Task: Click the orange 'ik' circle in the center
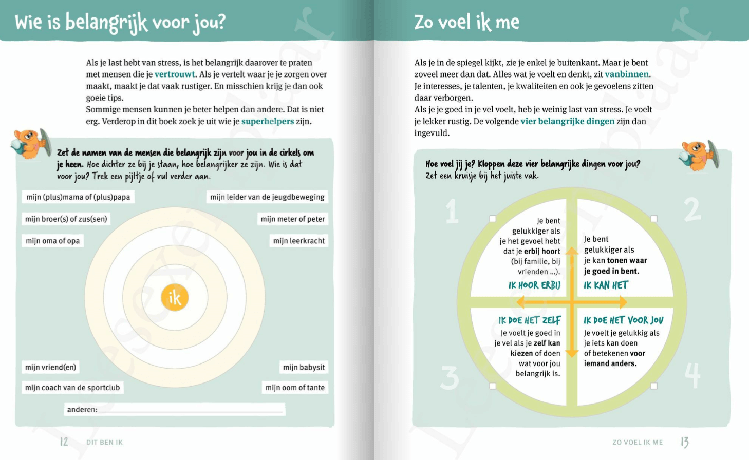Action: point(175,298)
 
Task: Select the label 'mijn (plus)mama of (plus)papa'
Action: point(78,197)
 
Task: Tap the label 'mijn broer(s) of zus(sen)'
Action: point(66,219)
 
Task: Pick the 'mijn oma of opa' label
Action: point(53,241)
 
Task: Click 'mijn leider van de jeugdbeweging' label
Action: point(267,197)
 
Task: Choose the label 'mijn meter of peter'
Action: point(292,219)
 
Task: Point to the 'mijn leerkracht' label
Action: point(299,241)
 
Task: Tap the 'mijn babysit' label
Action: point(304,367)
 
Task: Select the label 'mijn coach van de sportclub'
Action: point(72,388)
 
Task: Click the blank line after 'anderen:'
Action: point(191,410)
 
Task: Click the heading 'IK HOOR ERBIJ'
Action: point(534,285)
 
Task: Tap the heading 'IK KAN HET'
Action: point(606,285)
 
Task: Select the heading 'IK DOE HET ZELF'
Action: point(529,320)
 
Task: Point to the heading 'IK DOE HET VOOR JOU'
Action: point(623,320)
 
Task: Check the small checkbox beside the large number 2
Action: point(654,219)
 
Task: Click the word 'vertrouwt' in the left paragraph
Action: point(175,74)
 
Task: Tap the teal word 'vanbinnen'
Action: point(627,74)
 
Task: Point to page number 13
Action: point(684,442)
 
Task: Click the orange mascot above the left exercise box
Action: point(31,144)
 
